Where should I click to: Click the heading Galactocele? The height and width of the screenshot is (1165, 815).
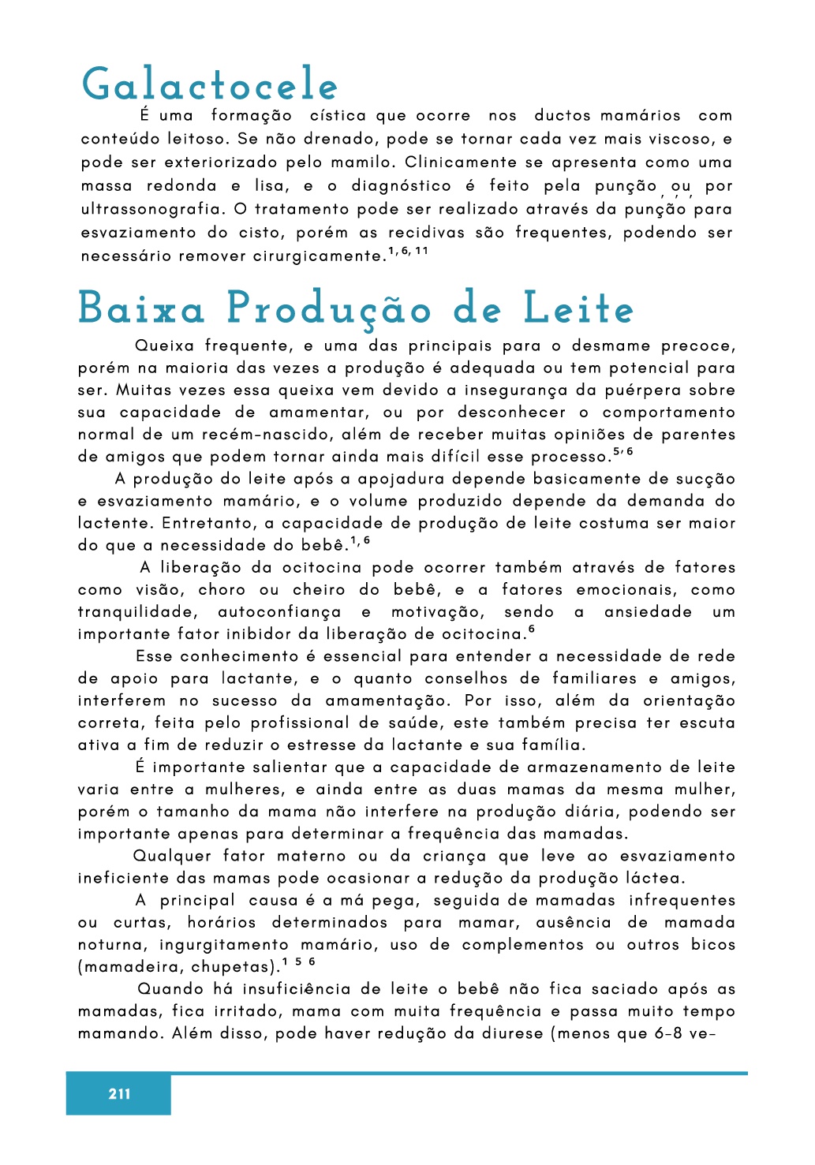pos(210,84)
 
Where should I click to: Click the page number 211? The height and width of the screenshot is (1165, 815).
pos(119,1093)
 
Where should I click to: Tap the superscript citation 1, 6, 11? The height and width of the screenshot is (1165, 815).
pos(408,251)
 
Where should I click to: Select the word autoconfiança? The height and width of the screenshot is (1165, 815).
pos(279,611)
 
